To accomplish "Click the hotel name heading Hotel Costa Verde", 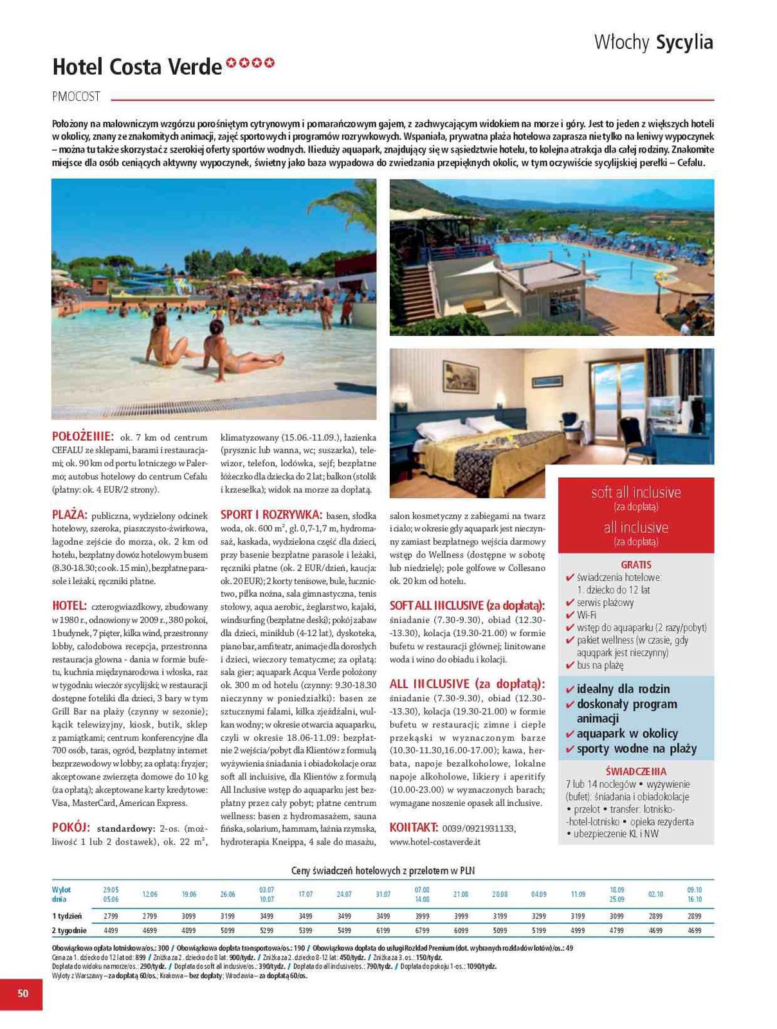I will (137, 67).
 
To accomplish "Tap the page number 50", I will (23, 993).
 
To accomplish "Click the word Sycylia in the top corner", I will (684, 42).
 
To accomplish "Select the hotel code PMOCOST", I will (76, 96).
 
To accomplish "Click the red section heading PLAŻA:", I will (69, 514).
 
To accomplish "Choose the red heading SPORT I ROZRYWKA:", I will (271, 514).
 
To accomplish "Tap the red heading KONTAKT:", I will (414, 828).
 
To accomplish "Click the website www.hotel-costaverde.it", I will (435, 841).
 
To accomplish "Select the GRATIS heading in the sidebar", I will (635, 565).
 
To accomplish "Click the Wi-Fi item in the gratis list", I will (586, 615).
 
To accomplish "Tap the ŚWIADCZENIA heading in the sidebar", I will (635, 771).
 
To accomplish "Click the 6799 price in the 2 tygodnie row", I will (422, 930).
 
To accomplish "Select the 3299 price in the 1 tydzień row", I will (538, 915).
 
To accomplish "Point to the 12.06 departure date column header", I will (150, 894).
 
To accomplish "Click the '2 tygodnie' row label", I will (69, 930).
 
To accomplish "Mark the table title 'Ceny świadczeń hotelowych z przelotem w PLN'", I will (383, 871).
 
